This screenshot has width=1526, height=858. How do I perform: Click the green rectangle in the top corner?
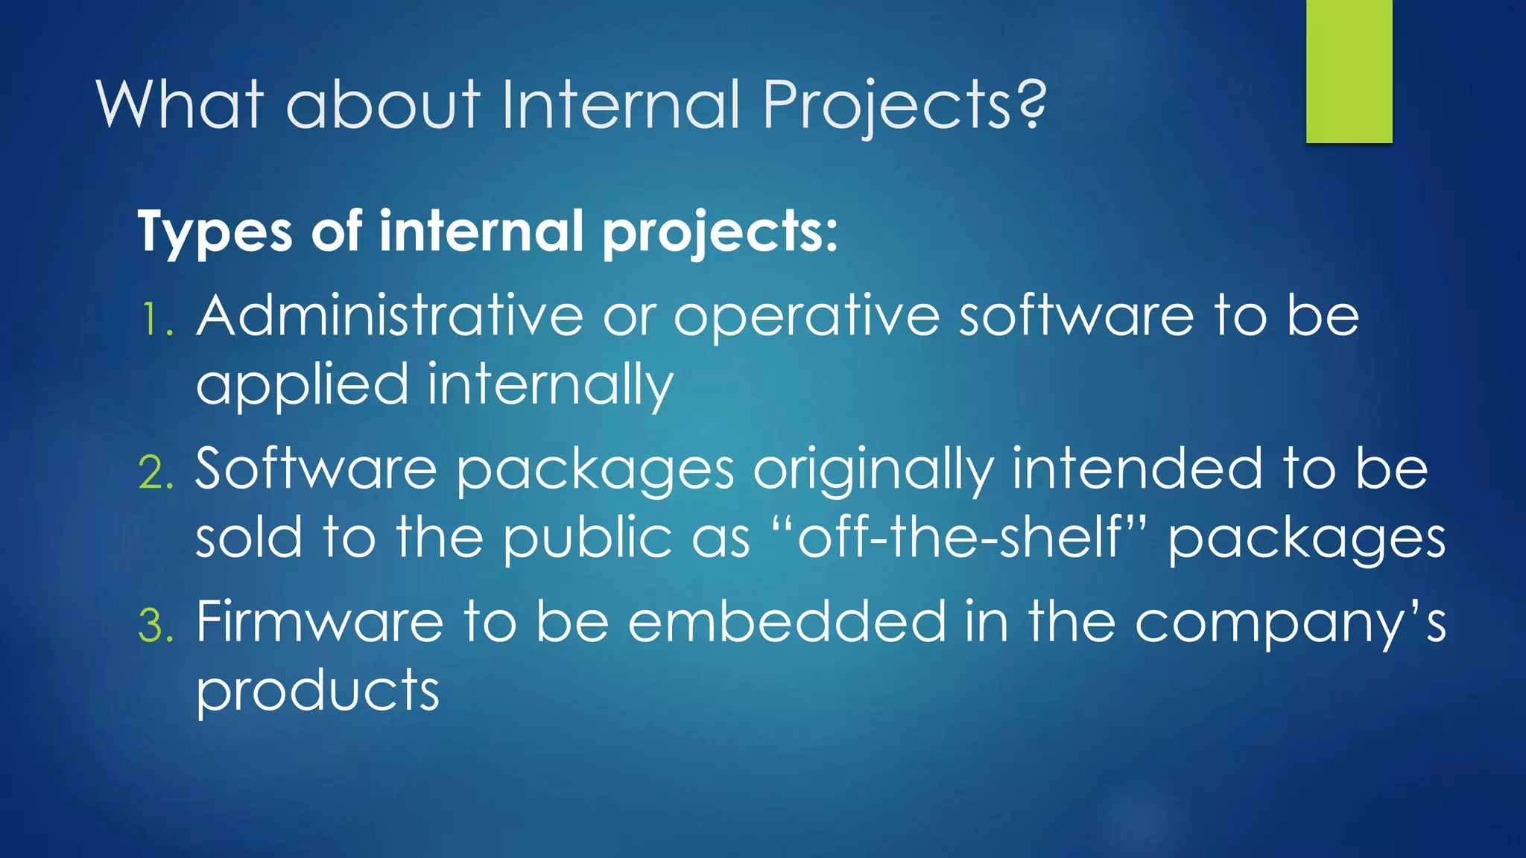[x=1349, y=71]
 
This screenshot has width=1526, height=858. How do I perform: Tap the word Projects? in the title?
[x=904, y=104]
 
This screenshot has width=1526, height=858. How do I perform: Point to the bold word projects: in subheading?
[x=719, y=232]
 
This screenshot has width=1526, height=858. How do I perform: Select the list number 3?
[x=156, y=626]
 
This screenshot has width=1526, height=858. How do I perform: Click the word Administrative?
[x=389, y=316]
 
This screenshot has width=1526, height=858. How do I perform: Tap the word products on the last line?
[x=317, y=691]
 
